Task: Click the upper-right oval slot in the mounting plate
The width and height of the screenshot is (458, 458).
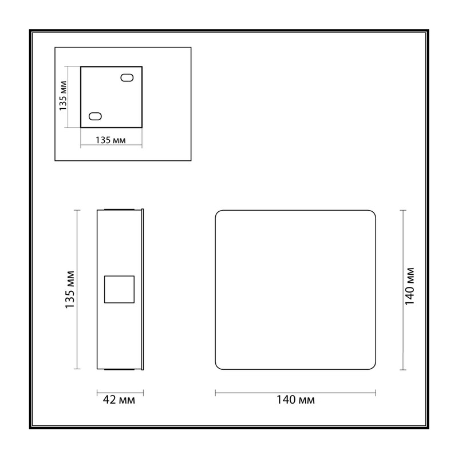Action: tap(127, 78)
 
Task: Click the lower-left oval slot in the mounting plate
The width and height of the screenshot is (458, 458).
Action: tap(95, 116)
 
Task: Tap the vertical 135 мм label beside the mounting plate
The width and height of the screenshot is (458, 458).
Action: tap(63, 96)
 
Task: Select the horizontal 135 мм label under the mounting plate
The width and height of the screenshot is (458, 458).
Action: tap(110, 140)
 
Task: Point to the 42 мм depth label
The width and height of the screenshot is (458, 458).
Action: tap(119, 400)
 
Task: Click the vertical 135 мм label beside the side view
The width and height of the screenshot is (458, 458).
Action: tap(70, 290)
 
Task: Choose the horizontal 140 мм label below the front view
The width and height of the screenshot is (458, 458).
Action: tap(295, 400)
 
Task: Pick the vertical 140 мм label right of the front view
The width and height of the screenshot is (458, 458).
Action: tap(409, 286)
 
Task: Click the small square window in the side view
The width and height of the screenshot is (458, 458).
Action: tap(119, 289)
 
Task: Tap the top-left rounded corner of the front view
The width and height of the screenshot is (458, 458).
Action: tap(218, 212)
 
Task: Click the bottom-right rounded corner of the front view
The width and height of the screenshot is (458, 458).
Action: tap(373, 367)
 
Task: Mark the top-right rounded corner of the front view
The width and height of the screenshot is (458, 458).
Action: tap(373, 212)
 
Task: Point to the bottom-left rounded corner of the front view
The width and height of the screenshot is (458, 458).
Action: tap(218, 367)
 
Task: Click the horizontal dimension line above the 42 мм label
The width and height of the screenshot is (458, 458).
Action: tap(120, 393)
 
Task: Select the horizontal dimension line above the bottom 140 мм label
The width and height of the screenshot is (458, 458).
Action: tap(295, 393)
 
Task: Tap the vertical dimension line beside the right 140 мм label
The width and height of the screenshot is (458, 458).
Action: tap(403, 290)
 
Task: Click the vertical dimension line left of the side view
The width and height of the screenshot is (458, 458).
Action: tap(77, 290)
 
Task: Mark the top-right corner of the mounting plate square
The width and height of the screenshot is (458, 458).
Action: tap(142, 66)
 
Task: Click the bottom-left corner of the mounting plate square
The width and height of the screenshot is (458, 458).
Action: tap(81, 127)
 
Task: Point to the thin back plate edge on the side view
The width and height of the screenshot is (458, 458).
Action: tap(143, 290)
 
